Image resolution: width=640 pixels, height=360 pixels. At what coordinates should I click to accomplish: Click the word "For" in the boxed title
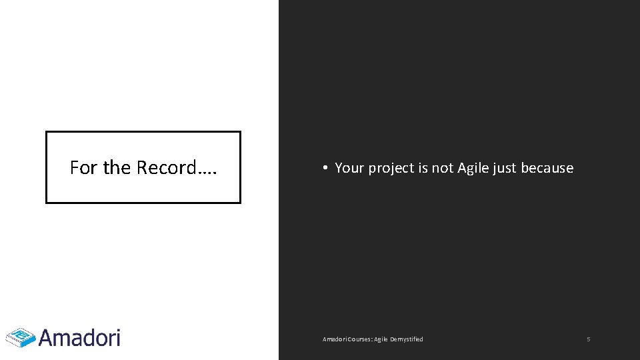point(84,167)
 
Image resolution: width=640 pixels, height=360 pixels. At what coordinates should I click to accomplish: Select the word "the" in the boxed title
point(117,167)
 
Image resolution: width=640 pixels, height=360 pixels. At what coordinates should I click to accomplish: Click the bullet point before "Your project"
point(323,168)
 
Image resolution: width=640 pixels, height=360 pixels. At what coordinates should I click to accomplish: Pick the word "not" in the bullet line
point(443,168)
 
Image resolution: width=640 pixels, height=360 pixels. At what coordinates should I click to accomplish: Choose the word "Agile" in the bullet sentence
point(473,168)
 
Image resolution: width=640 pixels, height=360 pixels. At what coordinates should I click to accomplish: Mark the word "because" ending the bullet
point(547,168)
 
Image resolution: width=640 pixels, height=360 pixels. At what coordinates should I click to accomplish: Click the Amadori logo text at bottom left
point(79,337)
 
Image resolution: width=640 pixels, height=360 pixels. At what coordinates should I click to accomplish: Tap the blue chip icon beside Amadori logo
point(21,337)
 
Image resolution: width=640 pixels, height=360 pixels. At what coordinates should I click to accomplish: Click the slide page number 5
point(589,339)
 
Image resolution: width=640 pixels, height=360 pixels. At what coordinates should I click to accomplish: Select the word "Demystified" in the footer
point(407,339)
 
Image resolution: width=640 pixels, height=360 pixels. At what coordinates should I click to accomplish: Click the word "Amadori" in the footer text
point(333,339)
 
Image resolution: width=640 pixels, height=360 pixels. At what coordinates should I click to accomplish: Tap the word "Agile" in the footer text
point(381,339)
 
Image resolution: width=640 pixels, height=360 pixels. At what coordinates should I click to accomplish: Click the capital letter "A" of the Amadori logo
point(48,337)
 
